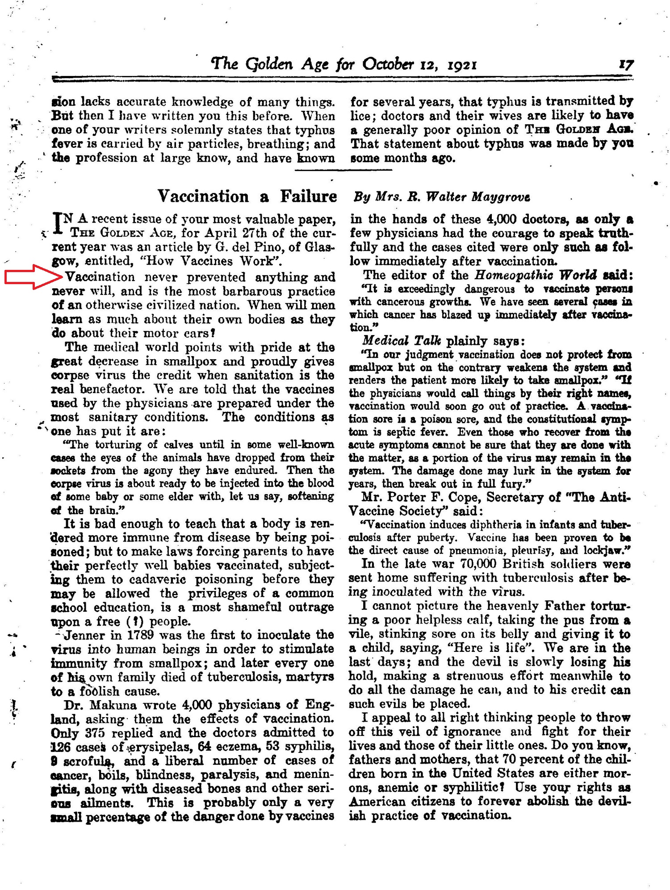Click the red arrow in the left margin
coord(33,277)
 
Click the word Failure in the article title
coord(309,196)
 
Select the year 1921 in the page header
coord(462,65)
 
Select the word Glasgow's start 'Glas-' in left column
coord(321,247)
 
